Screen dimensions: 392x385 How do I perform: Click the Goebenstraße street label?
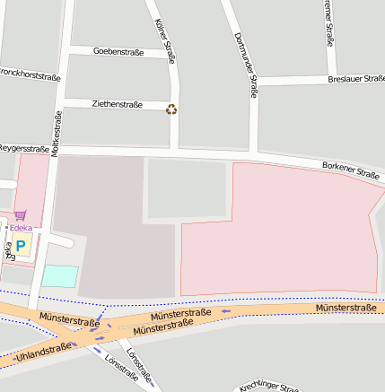118,51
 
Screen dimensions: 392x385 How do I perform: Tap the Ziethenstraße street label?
117,104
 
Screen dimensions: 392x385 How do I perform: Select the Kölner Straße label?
164,41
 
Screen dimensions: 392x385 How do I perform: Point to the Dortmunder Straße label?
245,64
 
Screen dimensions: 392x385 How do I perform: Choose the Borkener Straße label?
351,170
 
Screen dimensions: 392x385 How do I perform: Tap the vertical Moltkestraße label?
57,133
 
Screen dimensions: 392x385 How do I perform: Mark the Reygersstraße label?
23,147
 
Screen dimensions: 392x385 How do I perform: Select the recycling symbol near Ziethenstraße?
171,109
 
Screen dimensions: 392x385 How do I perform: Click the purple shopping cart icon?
20,215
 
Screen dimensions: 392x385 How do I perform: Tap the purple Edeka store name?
20,228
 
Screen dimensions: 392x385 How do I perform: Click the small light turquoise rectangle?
60,276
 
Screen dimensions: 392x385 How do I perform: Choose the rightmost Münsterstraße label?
346,308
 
